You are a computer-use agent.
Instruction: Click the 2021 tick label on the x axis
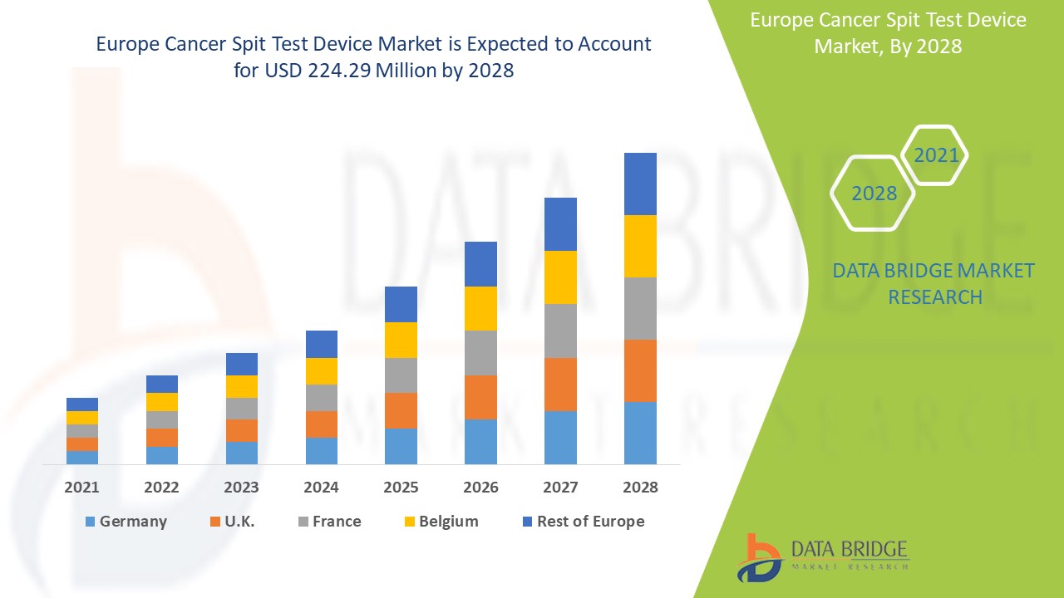[x=81, y=487]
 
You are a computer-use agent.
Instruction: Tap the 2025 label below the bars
[x=401, y=487]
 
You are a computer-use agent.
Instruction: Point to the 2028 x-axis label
[x=640, y=487]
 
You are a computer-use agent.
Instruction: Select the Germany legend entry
[x=126, y=522]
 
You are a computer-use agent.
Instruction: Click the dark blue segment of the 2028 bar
[x=640, y=184]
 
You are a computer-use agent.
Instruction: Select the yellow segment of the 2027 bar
[x=560, y=277]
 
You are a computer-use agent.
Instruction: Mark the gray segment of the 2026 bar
[x=480, y=353]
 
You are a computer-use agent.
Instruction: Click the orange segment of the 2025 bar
[x=401, y=410]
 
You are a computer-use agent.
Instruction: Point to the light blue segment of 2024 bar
[x=321, y=450]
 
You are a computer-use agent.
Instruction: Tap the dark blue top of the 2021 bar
[x=81, y=404]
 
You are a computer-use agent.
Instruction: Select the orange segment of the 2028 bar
[x=640, y=370]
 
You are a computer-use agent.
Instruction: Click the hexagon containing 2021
[x=935, y=155]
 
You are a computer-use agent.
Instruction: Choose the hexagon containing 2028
[x=874, y=193]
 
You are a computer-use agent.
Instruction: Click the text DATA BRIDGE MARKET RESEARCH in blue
[x=934, y=283]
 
